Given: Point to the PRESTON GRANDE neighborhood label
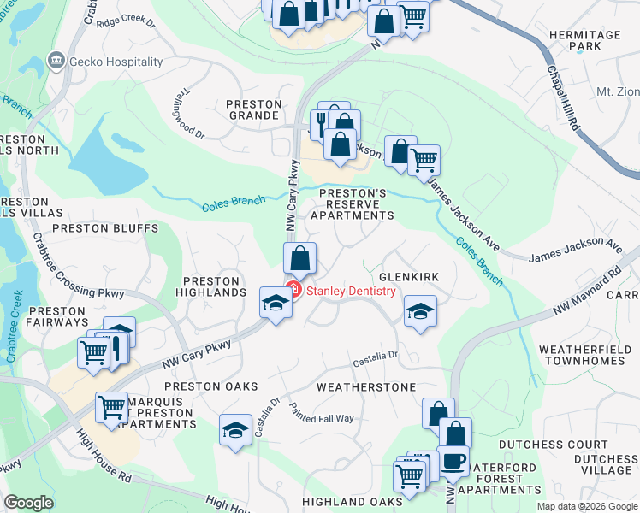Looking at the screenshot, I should pyautogui.click(x=254, y=110).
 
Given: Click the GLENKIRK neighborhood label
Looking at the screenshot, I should pyautogui.click(x=408, y=278).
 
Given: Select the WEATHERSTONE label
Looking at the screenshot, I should pyautogui.click(x=366, y=387).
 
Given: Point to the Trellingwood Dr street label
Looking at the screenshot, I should pyautogui.click(x=191, y=122).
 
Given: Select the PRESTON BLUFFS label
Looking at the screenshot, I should pyautogui.click(x=105, y=229).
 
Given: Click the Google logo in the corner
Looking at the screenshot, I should pyautogui.click(x=29, y=503).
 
